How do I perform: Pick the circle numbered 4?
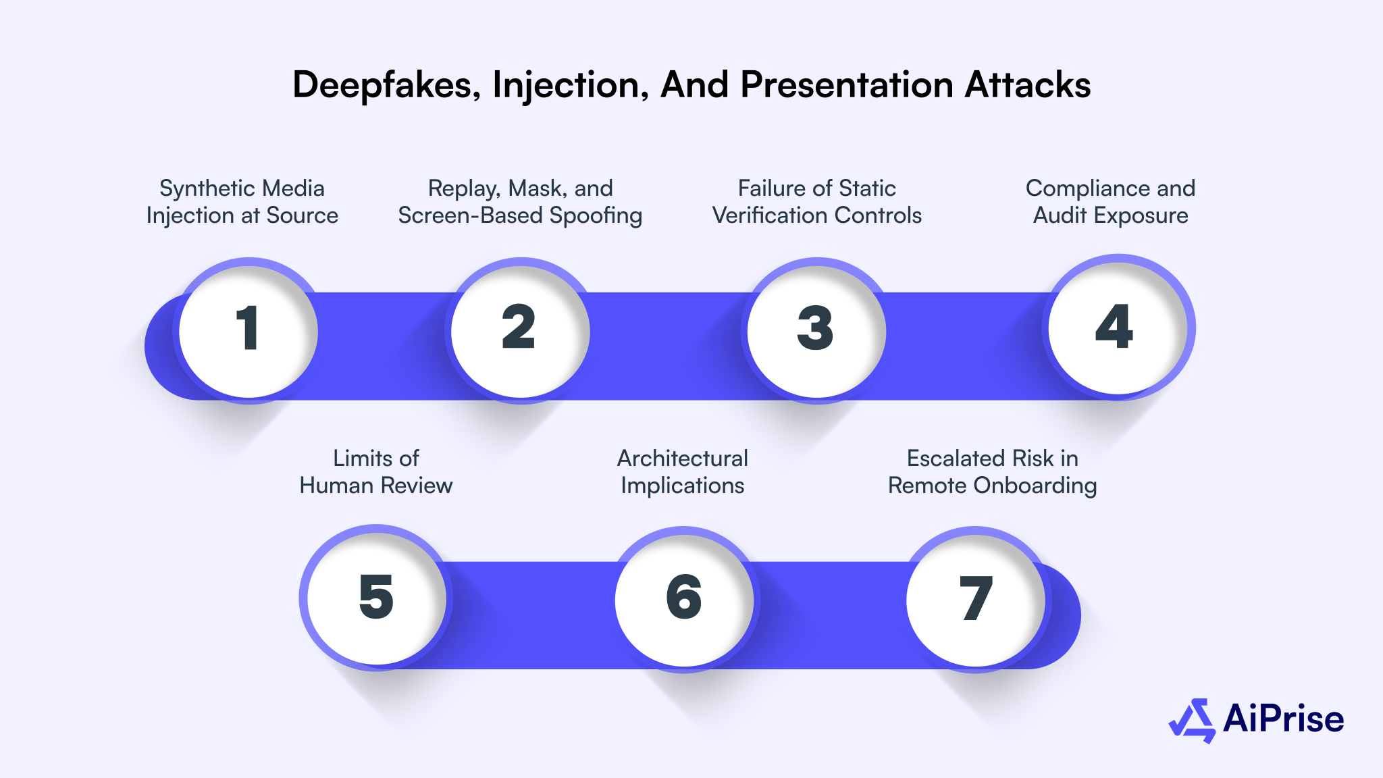point(1117,328)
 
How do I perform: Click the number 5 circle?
point(376,598)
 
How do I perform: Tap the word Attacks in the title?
point(1027,85)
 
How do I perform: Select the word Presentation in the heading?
point(847,85)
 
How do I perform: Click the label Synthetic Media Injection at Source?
point(242,201)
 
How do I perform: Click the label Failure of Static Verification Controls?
point(816,201)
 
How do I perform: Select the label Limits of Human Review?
point(375,471)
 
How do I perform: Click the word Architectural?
point(682,459)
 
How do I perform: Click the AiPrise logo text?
point(1283,719)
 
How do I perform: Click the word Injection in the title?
point(571,85)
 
